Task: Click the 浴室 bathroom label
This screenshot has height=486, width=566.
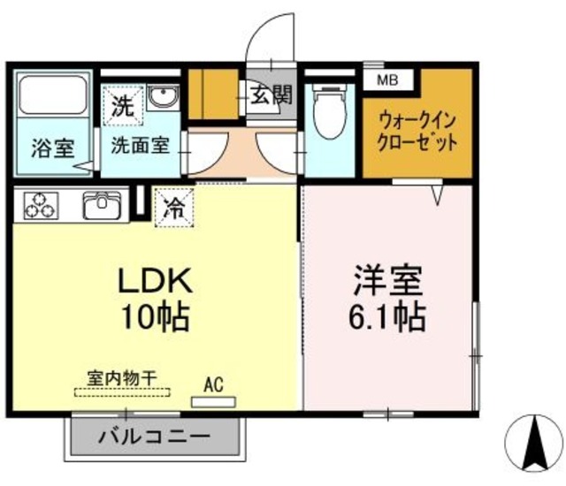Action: (x=52, y=148)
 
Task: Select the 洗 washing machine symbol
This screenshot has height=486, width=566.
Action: (x=123, y=107)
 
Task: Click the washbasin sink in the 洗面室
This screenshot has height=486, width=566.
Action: (x=163, y=96)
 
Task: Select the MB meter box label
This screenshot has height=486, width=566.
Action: (x=388, y=80)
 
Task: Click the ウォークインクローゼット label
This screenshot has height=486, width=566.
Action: (x=417, y=131)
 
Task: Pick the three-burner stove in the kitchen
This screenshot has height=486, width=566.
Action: (x=39, y=207)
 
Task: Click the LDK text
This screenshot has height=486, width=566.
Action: (x=157, y=280)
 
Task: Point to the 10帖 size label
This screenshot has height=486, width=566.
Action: (x=157, y=315)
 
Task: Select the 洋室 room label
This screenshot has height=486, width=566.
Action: (x=389, y=280)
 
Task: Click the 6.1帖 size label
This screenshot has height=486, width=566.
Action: (x=389, y=314)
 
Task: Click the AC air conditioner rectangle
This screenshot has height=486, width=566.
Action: (x=213, y=400)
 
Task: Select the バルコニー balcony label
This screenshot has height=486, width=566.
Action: (x=154, y=437)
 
